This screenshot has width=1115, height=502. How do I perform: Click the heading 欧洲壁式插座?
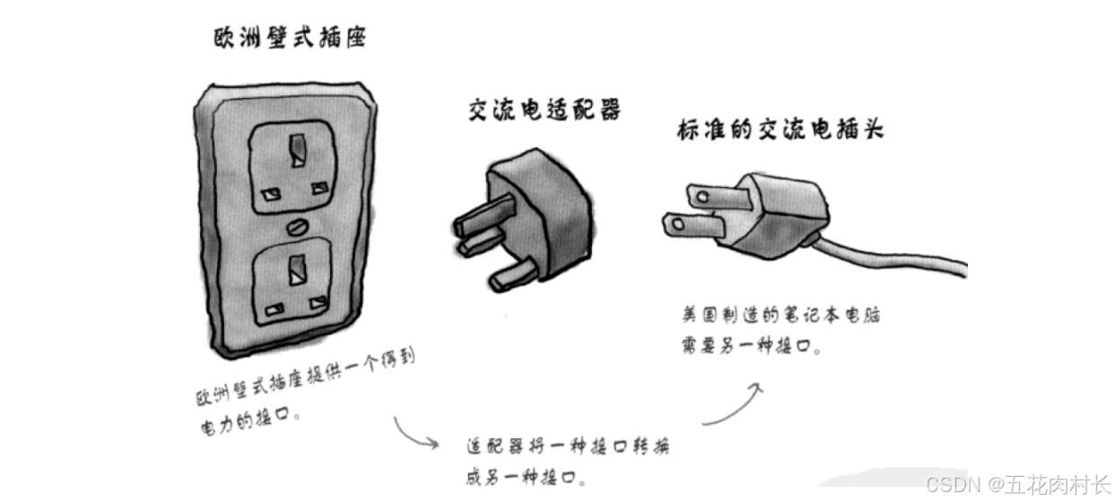pos(289,39)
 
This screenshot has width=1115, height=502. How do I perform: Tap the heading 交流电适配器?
pos(544,110)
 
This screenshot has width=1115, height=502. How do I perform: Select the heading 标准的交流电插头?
pos(780,129)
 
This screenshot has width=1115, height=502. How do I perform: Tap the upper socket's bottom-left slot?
pos(267,192)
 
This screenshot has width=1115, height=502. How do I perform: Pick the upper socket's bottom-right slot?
pos(318,188)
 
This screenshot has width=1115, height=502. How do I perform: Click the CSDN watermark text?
pos(1017,486)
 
